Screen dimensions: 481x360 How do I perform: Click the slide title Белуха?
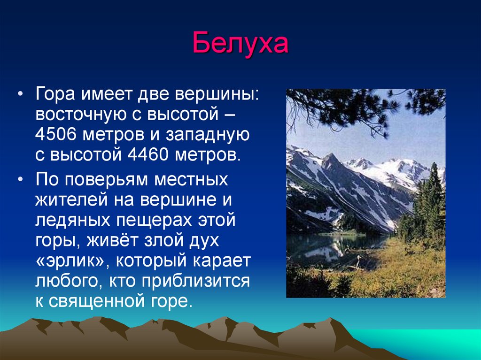[x=240, y=43]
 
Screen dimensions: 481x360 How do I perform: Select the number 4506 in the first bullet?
[x=55, y=134]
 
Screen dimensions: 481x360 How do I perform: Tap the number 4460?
[x=148, y=154]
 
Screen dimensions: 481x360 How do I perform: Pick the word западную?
[x=208, y=135]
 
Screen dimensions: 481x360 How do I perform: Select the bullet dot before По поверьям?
[x=20, y=179]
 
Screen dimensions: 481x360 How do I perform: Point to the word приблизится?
[x=196, y=282]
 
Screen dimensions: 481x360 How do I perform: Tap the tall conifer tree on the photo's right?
[x=433, y=199]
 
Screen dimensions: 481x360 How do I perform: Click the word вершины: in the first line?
[x=217, y=94]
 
